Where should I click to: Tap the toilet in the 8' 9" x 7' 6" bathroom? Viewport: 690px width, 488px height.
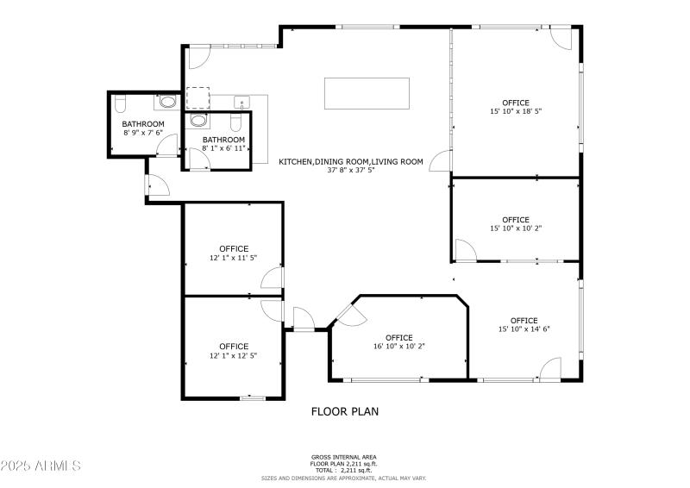click(x=121, y=104)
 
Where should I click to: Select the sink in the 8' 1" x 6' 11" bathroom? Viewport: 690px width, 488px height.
click(x=198, y=121)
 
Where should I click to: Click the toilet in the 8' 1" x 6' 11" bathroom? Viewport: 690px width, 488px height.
click(x=235, y=121)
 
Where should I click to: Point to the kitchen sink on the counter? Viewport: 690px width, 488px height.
click(x=241, y=102)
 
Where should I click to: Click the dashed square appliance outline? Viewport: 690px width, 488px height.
click(x=198, y=97)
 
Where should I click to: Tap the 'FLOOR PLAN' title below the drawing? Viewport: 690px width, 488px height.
click(x=344, y=411)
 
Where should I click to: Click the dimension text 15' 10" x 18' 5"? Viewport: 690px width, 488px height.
click(x=516, y=111)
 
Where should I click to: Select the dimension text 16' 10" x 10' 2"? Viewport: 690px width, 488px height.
click(x=399, y=347)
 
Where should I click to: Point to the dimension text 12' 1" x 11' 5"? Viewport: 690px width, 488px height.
click(x=233, y=258)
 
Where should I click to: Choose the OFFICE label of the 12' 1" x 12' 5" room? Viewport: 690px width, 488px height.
click(x=233, y=347)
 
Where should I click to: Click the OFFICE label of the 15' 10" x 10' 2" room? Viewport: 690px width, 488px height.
click(x=516, y=220)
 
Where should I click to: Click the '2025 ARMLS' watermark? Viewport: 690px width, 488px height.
click(x=41, y=466)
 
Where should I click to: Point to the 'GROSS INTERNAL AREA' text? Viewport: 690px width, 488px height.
click(x=344, y=457)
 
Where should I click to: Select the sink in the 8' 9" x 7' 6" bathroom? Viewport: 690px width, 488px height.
click(x=167, y=103)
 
